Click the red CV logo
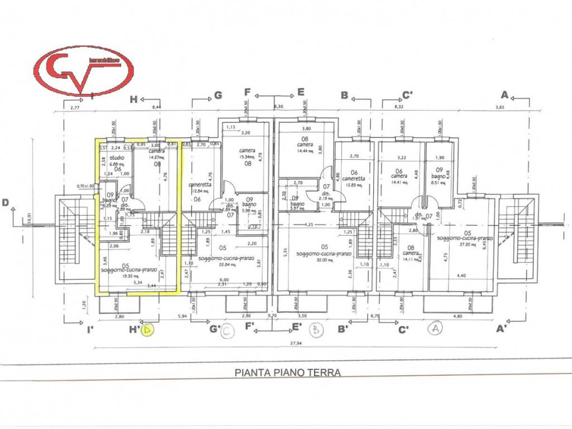pyautogui.click(x=84, y=70)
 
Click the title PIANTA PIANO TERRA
pyautogui.click(x=288, y=371)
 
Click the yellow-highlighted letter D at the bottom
pyautogui.click(x=147, y=331)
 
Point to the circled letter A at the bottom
pyautogui.click(x=435, y=329)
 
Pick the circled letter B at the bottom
pyautogui.click(x=317, y=330)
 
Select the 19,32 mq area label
pyautogui.click(x=130, y=276)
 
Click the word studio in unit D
pyautogui.click(x=117, y=158)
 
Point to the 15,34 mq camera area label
pyautogui.click(x=247, y=158)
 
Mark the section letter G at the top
pyautogui.click(x=218, y=95)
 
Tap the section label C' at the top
pyautogui.click(x=408, y=95)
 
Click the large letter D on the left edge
pyautogui.click(x=6, y=203)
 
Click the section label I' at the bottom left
pyautogui.click(x=90, y=330)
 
